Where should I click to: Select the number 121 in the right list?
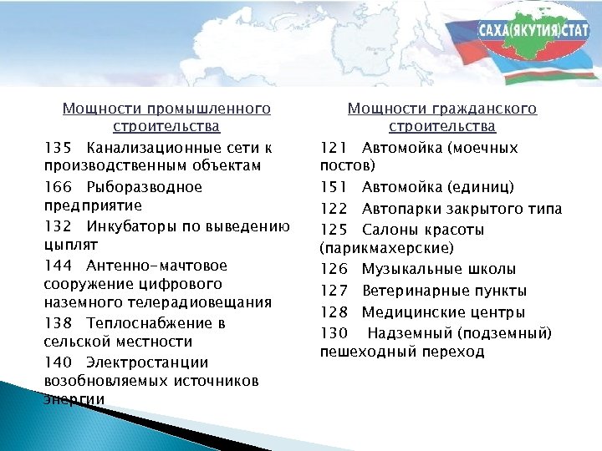[x=334, y=148]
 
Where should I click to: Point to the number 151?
[x=334, y=187]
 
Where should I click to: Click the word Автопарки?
[x=397, y=209]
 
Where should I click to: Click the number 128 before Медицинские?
[x=334, y=312]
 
